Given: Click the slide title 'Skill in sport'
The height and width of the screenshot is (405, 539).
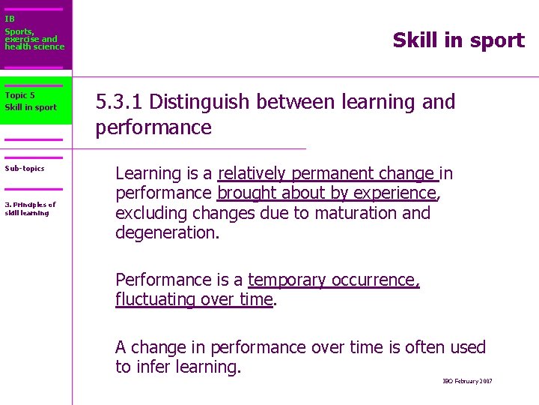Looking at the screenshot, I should click(458, 40).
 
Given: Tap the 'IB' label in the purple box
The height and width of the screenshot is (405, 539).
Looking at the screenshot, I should click(9, 19).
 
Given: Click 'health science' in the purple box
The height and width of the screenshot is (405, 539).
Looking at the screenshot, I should click(34, 47).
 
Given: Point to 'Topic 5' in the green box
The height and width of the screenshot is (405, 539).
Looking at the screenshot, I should click(19, 95).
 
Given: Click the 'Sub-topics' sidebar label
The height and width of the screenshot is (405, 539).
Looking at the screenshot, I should click(25, 169).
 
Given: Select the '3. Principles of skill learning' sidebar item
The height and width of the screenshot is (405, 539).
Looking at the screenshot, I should click(30, 208).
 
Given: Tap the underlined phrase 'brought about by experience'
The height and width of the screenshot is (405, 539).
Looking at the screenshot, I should click(327, 193).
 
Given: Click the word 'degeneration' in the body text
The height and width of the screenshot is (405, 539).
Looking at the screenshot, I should click(165, 232).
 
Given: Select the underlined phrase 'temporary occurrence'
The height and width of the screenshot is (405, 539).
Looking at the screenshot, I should click(332, 280).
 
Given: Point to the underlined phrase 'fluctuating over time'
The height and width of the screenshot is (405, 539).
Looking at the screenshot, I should click(194, 300).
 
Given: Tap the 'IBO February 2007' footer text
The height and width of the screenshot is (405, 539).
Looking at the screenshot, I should click(467, 382).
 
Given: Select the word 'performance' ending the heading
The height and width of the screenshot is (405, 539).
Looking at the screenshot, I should click(153, 127).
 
